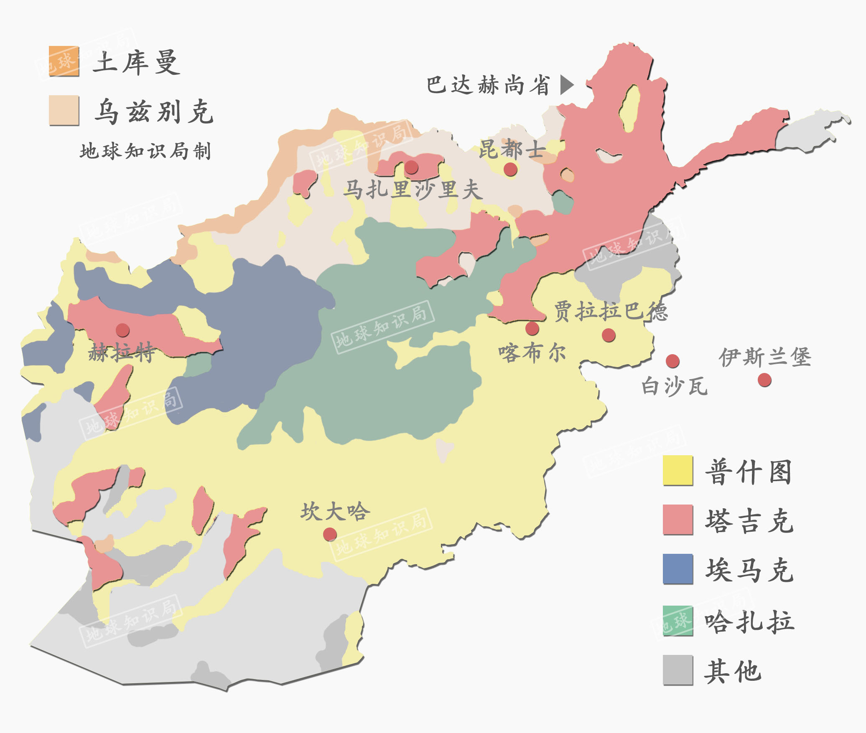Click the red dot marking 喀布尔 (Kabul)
(x=532, y=328)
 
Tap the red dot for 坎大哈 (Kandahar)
(x=330, y=534)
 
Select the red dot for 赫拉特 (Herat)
(x=122, y=330)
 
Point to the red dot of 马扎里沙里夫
(x=411, y=167)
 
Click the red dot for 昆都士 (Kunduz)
(x=510, y=169)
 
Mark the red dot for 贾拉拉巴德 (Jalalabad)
(x=609, y=335)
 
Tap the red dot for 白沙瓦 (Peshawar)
(x=672, y=361)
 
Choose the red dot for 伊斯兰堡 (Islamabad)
(x=764, y=380)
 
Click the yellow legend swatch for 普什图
(x=678, y=470)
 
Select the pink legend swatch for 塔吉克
(x=678, y=520)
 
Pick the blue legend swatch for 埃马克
(x=678, y=569)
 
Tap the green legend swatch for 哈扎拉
(x=678, y=621)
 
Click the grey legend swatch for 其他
(x=678, y=670)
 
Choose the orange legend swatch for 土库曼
(x=64, y=61)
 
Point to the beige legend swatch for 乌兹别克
(x=64, y=110)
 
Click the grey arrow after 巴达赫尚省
(x=566, y=85)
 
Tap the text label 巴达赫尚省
(x=488, y=85)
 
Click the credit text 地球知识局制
(x=145, y=151)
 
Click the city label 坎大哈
(x=335, y=511)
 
